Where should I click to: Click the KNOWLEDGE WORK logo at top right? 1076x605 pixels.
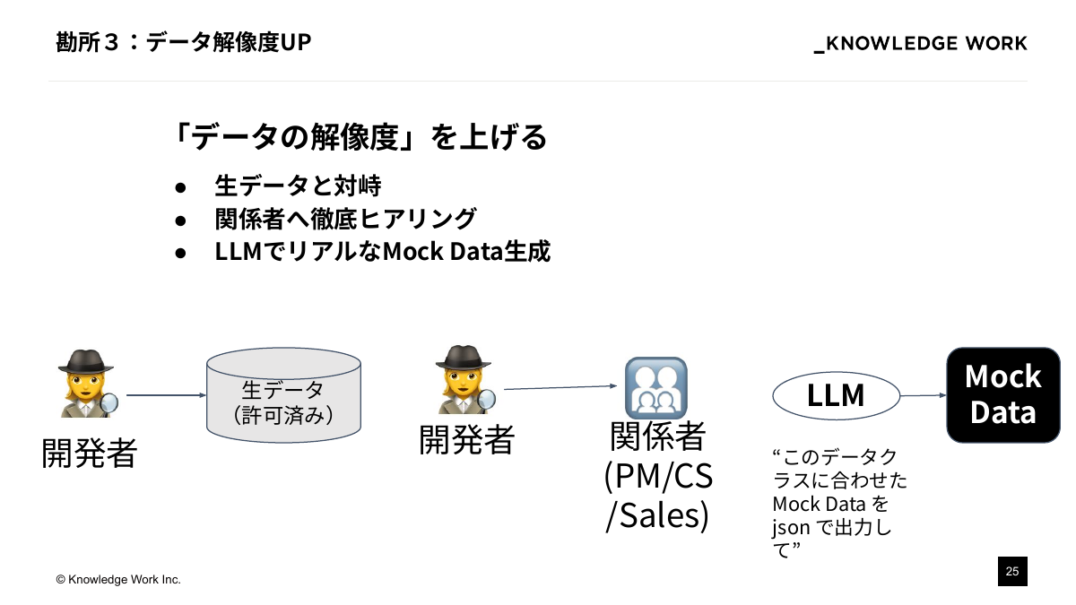921,44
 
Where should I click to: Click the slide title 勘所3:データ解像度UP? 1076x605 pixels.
184,42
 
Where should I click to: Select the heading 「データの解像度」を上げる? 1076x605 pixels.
360,137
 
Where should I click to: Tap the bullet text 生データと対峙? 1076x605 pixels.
298,186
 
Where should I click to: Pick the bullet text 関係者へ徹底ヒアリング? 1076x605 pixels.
345,219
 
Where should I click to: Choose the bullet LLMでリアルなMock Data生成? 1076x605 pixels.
382,252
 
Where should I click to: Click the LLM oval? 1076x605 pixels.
836,395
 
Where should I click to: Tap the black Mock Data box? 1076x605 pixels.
1002,394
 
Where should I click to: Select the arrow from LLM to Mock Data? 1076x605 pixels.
923,395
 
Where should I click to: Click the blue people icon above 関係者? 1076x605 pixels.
655,387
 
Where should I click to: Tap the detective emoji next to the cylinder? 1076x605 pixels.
87,384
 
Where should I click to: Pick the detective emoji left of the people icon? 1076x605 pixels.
464,380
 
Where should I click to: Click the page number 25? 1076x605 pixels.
1012,571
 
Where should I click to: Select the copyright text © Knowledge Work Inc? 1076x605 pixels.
118,580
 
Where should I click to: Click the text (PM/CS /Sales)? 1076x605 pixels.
658,496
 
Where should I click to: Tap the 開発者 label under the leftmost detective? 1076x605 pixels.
89,453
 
